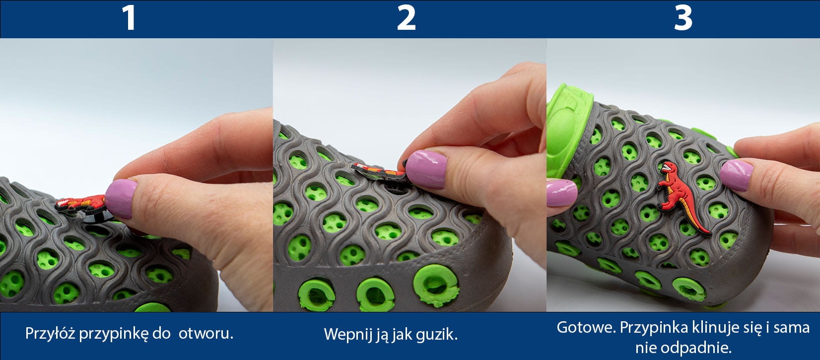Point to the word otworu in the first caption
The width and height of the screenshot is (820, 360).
coord(205,334)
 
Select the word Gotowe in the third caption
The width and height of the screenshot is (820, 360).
coord(586,327)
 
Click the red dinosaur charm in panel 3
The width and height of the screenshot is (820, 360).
coord(681,197)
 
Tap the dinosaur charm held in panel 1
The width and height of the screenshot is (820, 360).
coord(81,205)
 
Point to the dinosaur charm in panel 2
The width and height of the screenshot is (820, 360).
coord(379,171)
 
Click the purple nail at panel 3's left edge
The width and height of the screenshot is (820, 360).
coord(561,192)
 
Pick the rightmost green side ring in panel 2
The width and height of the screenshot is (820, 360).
coord(435,286)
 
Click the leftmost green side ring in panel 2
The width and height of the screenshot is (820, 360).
coord(316,295)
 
